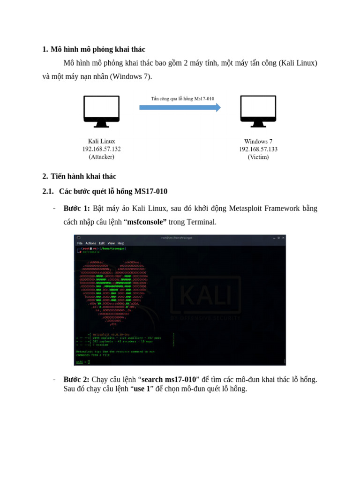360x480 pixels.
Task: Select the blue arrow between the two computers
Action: point(180,107)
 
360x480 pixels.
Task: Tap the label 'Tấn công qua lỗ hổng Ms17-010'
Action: point(182,99)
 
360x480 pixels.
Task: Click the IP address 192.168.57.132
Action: point(101,149)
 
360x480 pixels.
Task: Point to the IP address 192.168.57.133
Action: point(258,149)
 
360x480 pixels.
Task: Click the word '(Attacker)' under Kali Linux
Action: point(101,157)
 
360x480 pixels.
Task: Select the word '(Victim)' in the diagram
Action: point(258,157)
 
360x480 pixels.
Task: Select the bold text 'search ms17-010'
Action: point(169,379)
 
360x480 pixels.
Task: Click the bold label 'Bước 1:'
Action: point(76,208)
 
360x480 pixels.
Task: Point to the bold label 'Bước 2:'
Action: point(76,379)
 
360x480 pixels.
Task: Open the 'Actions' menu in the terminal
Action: point(90,243)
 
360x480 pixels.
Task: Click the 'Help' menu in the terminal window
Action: point(121,243)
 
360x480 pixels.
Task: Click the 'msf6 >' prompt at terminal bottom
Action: point(81,362)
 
